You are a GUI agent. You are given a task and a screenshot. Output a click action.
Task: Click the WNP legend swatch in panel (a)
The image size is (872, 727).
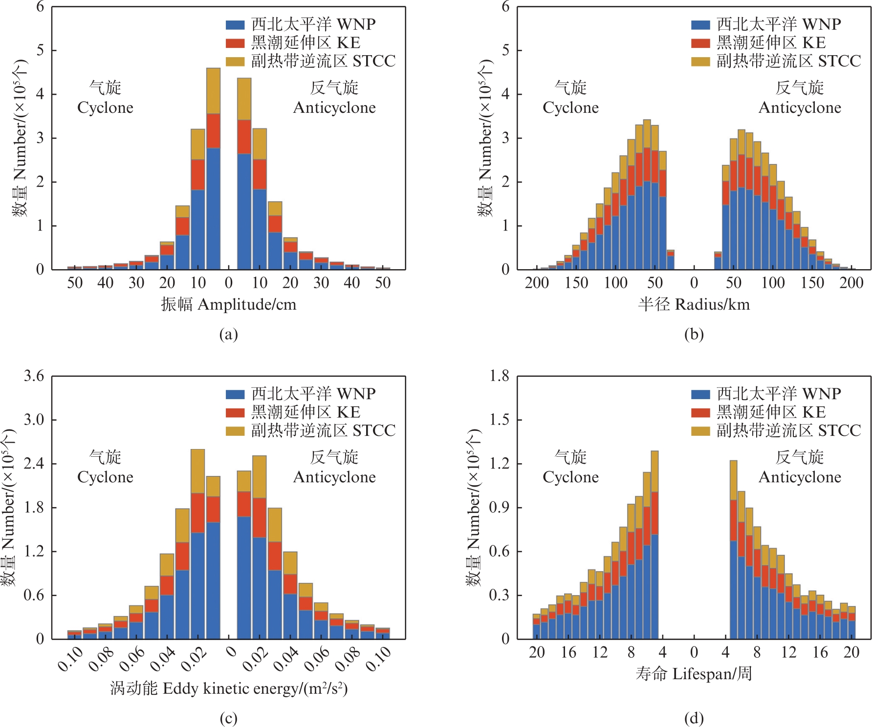235,24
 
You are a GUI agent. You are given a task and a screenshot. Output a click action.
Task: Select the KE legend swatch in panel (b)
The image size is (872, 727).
700,43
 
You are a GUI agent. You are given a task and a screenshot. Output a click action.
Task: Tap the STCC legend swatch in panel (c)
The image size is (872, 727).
235,431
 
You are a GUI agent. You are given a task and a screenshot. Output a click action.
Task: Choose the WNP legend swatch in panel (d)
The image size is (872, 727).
700,394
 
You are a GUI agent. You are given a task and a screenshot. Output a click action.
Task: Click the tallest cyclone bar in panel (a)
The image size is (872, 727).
213,195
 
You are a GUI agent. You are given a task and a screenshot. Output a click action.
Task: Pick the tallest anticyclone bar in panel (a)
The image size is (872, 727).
244,195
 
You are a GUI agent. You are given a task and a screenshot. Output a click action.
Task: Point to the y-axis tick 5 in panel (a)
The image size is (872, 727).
40,50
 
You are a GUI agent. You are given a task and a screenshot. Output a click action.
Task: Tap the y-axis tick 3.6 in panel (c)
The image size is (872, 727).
34,376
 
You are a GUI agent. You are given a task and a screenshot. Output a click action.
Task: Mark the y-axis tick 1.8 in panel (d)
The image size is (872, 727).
499,376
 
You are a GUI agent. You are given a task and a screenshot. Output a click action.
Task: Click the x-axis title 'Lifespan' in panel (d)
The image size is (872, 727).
694,674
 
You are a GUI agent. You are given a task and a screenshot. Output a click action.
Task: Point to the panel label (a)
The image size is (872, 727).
229,335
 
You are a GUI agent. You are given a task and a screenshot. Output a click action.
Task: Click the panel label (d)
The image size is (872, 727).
694,718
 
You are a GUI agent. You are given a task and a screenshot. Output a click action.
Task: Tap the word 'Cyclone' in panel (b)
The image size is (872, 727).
570,108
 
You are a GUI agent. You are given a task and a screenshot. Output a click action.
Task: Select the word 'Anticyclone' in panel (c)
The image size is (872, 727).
334,477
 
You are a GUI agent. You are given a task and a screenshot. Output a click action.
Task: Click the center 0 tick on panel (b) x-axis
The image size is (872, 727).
694,283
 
